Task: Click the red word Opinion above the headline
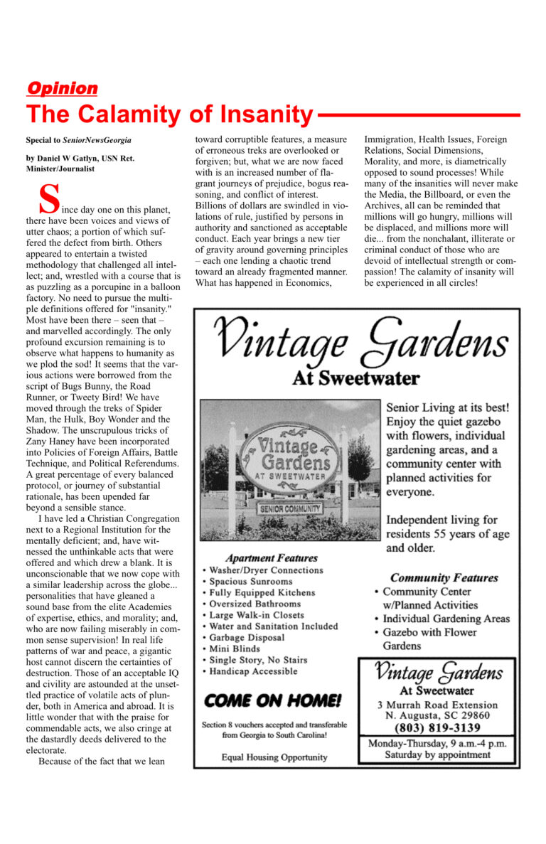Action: click(62, 89)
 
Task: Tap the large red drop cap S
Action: click(48, 200)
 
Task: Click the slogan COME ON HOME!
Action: click(273, 700)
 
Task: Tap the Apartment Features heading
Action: click(271, 557)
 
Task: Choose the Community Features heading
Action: click(444, 577)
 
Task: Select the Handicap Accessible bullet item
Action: click(253, 671)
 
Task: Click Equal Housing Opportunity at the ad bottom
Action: click(274, 757)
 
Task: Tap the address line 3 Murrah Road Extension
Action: click(437, 705)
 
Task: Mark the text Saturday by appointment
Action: click(437, 755)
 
